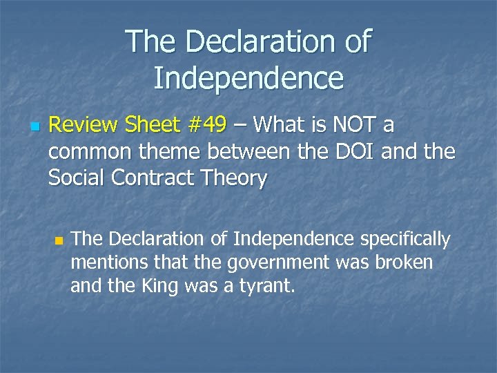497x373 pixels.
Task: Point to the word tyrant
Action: [266, 286]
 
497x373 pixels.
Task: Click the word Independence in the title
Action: [248, 78]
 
